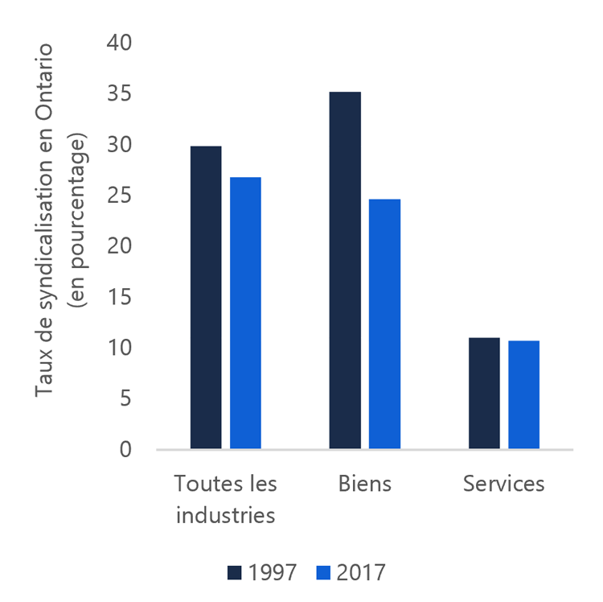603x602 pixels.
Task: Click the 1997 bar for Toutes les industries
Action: pos(206,297)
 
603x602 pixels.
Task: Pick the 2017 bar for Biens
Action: pos(384,324)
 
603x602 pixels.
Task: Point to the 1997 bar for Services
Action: pos(484,393)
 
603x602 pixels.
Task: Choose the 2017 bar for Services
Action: pos(523,394)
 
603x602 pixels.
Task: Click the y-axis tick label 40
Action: pos(118,43)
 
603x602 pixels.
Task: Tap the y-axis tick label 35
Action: pos(118,94)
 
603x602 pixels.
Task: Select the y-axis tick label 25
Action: pos(118,196)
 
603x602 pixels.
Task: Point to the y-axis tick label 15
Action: pos(118,298)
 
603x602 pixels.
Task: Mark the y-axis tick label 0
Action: pos(125,450)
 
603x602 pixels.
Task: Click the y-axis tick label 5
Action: pos(125,399)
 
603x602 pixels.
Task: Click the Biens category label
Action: pos(365,484)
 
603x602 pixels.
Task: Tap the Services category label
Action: pos(504,484)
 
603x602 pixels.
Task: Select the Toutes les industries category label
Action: pos(226,499)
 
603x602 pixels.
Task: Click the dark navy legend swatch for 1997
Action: pos(236,572)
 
